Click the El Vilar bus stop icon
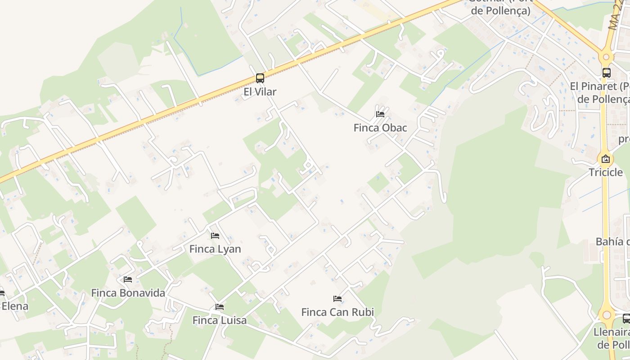(260, 78)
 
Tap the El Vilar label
(260, 92)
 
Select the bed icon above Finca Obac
(380, 114)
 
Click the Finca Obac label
(380, 128)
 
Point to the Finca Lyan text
(215, 249)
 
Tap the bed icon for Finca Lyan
(215, 236)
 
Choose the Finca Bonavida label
(128, 293)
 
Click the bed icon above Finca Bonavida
(128, 279)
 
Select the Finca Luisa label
(220, 320)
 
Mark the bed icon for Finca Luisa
(220, 307)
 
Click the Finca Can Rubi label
(337, 312)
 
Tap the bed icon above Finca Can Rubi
(337, 299)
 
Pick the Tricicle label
(606, 172)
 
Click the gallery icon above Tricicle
(606, 159)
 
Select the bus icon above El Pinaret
(606, 72)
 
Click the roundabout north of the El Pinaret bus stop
(606, 57)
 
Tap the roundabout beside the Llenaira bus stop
(607, 315)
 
